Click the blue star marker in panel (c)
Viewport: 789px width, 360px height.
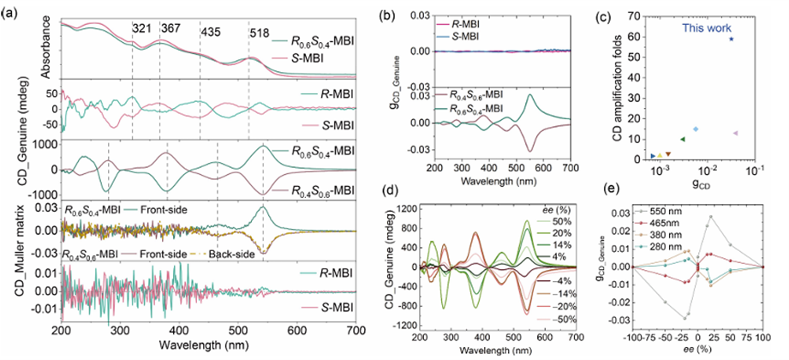pyautogui.click(x=731, y=39)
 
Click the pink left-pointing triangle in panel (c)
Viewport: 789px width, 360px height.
pyautogui.click(x=735, y=133)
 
